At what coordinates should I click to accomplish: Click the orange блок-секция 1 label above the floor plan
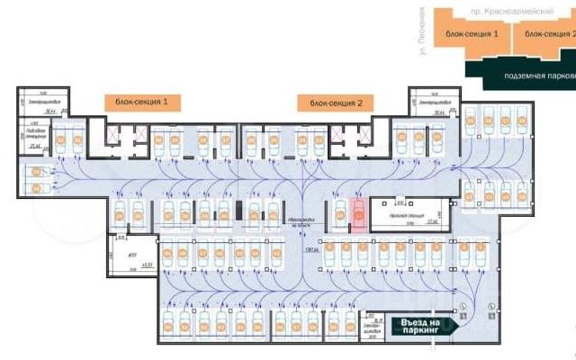coord(141,103)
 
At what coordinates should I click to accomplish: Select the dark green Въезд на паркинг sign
coord(420,327)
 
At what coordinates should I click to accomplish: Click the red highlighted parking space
coord(357,216)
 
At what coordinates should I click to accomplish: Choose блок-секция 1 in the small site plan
coord(471,32)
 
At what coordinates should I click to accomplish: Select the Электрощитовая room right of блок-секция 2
coord(428,103)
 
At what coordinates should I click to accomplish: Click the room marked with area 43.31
coord(131,255)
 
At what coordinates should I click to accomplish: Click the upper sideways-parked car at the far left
coord(37,171)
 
